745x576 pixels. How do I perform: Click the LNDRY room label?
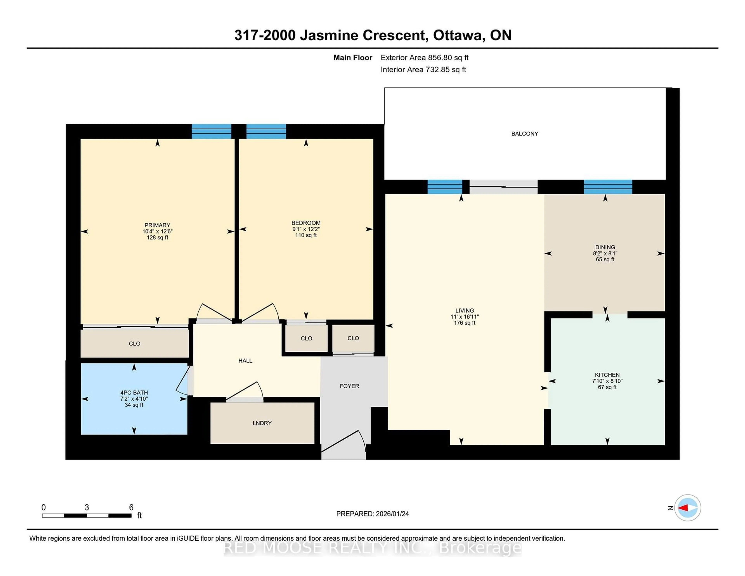pyautogui.click(x=262, y=423)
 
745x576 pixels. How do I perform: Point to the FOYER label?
pyautogui.click(x=349, y=386)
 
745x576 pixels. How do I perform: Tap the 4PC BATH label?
pyautogui.click(x=134, y=392)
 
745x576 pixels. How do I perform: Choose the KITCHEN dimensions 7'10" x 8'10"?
pyautogui.click(x=607, y=381)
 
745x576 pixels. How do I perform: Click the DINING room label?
pyautogui.click(x=605, y=247)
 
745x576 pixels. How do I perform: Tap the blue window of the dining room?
pyautogui.click(x=608, y=187)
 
